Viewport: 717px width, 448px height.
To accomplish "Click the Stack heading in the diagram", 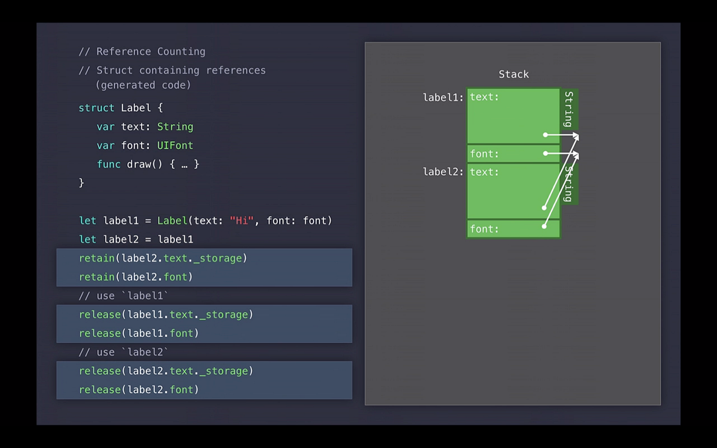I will (514, 74).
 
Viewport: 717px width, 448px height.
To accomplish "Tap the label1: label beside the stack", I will (443, 97).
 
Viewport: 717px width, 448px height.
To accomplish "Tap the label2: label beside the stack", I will (443, 172).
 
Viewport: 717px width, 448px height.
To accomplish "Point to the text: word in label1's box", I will (484, 97).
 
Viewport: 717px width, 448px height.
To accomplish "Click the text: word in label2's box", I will (484, 172).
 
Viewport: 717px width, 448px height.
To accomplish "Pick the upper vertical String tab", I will (569, 109).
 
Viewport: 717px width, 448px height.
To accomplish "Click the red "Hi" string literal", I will (242, 221).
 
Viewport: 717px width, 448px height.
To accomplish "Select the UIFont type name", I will (175, 146).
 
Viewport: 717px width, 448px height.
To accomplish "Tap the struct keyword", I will (96, 108).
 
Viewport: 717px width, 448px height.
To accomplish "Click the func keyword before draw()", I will (108, 164).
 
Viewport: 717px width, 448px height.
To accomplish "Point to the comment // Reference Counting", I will (142, 52).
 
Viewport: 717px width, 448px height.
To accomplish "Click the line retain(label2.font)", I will (136, 277).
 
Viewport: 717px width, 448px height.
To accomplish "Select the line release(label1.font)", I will (139, 333).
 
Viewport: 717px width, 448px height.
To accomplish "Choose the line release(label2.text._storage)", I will (166, 371).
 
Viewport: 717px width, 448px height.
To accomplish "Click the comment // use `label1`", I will (123, 296).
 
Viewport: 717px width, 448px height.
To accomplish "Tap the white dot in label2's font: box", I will (544, 226).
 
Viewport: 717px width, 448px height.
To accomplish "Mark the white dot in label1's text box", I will (545, 134).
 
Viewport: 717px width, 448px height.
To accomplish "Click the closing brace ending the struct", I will (82, 183).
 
